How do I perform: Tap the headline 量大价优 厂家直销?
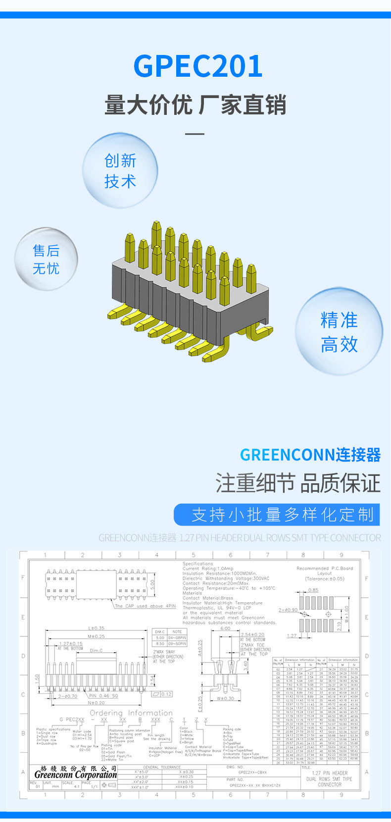pos(195,105)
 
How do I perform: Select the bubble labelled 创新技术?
pos(120,170)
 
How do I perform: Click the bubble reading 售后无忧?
pos(46,259)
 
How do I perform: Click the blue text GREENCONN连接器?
pos(310,455)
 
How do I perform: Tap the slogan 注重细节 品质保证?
pos(298,483)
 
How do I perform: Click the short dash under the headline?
pos(195,134)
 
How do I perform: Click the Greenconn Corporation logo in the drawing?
pos(76,774)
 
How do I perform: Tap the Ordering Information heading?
pos(131,713)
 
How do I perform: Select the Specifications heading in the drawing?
pos(197,564)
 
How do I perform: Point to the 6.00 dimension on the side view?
pos(225,628)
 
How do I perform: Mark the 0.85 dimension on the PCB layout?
pos(313,590)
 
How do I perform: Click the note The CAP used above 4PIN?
pos(145,606)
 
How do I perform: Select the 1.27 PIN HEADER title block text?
pos(330,773)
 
